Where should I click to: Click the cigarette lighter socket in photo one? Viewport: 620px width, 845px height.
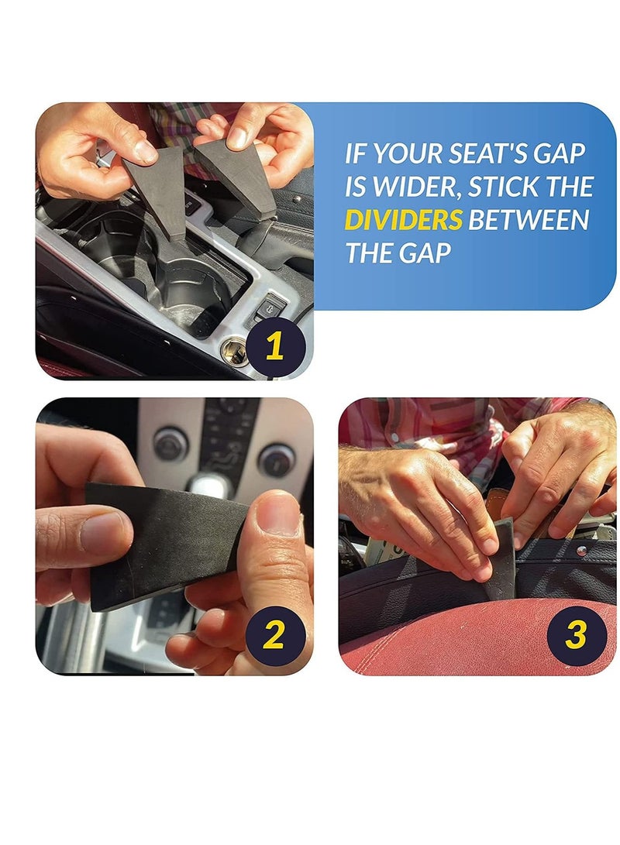[x=233, y=351]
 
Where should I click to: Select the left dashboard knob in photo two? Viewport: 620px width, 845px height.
[x=170, y=444]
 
